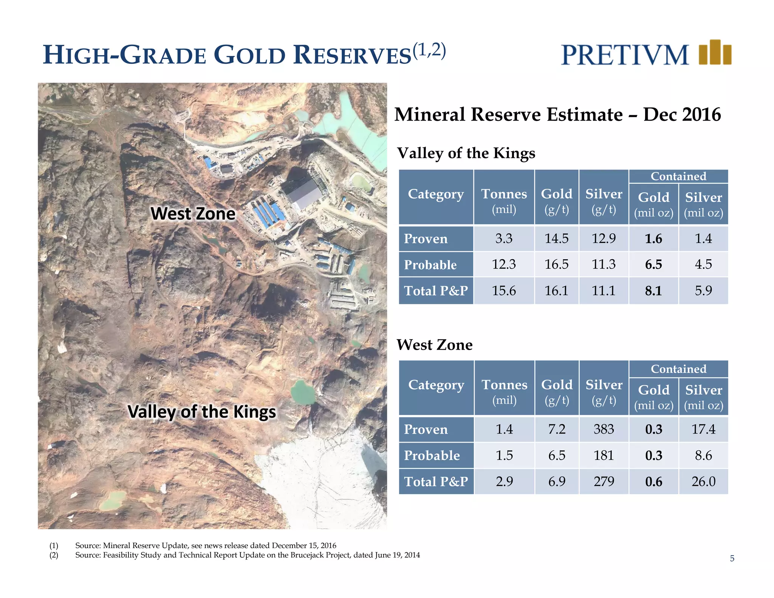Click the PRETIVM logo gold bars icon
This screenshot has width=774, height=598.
pyautogui.click(x=715, y=53)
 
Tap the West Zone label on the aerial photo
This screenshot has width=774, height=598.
pyautogui.click(x=193, y=214)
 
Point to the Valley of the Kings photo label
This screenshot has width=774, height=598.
pyautogui.click(x=202, y=412)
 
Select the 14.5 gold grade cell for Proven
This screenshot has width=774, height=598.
pyautogui.click(x=556, y=239)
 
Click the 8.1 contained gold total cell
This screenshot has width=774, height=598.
pyautogui.click(x=653, y=291)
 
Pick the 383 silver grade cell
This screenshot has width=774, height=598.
pyautogui.click(x=604, y=429)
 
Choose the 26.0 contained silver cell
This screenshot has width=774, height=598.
pyautogui.click(x=703, y=481)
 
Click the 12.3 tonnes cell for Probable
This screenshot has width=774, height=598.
pyautogui.click(x=504, y=264)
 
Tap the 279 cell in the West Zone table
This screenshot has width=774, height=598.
pyautogui.click(x=604, y=481)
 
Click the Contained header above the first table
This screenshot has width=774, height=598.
pyautogui.click(x=678, y=176)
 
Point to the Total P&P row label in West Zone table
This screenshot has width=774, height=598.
pyautogui.click(x=436, y=481)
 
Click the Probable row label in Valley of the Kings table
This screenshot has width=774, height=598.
pyautogui.click(x=430, y=265)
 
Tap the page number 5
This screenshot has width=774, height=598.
pyautogui.click(x=732, y=558)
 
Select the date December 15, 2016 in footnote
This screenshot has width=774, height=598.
pyautogui.click(x=304, y=545)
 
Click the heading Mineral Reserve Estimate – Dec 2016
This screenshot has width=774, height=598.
pyautogui.click(x=557, y=115)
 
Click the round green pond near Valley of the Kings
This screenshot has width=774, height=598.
pyautogui.click(x=303, y=392)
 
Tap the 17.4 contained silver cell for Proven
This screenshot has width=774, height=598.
pyautogui.click(x=703, y=429)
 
